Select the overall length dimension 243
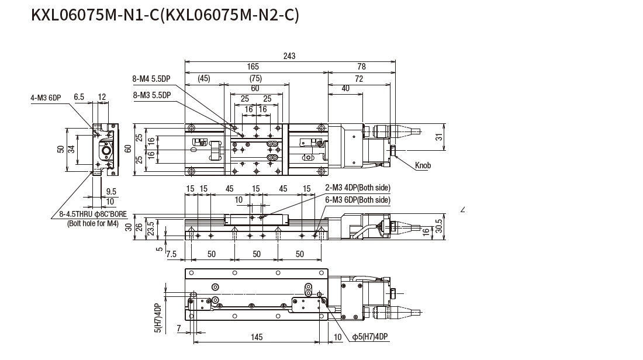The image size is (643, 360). tap(289, 56)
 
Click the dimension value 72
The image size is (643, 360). tap(359, 79)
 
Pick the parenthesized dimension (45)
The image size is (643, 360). tap(203, 79)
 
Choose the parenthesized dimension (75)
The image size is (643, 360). tap(255, 79)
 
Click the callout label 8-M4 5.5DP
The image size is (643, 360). tap(152, 79)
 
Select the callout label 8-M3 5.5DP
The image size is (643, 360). tap(152, 95)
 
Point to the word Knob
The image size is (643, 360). tap(423, 166)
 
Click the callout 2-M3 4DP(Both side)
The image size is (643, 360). tap(357, 188)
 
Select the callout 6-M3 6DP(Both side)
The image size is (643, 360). tap(357, 199)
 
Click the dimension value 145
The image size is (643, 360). tap(256, 337)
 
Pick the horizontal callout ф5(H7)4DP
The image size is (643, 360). tap(370, 337)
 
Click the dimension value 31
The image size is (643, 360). tap(439, 137)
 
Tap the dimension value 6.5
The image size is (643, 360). tap(79, 97)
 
